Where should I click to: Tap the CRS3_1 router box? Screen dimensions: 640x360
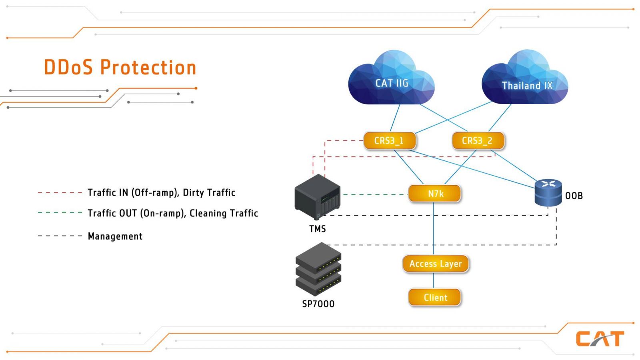click(390, 140)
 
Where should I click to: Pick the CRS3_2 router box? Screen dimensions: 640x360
click(478, 140)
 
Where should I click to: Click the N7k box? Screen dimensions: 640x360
click(434, 194)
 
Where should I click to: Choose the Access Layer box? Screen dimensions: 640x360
click(436, 264)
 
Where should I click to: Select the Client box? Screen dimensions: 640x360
click(434, 298)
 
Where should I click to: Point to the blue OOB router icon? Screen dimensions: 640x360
click(548, 192)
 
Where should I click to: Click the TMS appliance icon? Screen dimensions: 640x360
click(318, 197)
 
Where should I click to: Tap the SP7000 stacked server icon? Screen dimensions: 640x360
click(318, 269)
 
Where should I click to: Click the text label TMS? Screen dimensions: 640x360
click(318, 229)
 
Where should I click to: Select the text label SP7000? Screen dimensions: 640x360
click(318, 304)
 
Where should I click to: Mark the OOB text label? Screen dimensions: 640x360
click(574, 196)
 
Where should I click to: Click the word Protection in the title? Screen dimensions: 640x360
click(148, 68)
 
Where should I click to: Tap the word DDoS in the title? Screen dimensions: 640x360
click(68, 67)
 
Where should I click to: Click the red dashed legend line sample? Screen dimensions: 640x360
click(60, 192)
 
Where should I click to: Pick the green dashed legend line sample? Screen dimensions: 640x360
click(60, 212)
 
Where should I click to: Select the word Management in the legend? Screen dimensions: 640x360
click(115, 236)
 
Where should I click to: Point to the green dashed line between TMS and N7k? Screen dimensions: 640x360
click(375, 194)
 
